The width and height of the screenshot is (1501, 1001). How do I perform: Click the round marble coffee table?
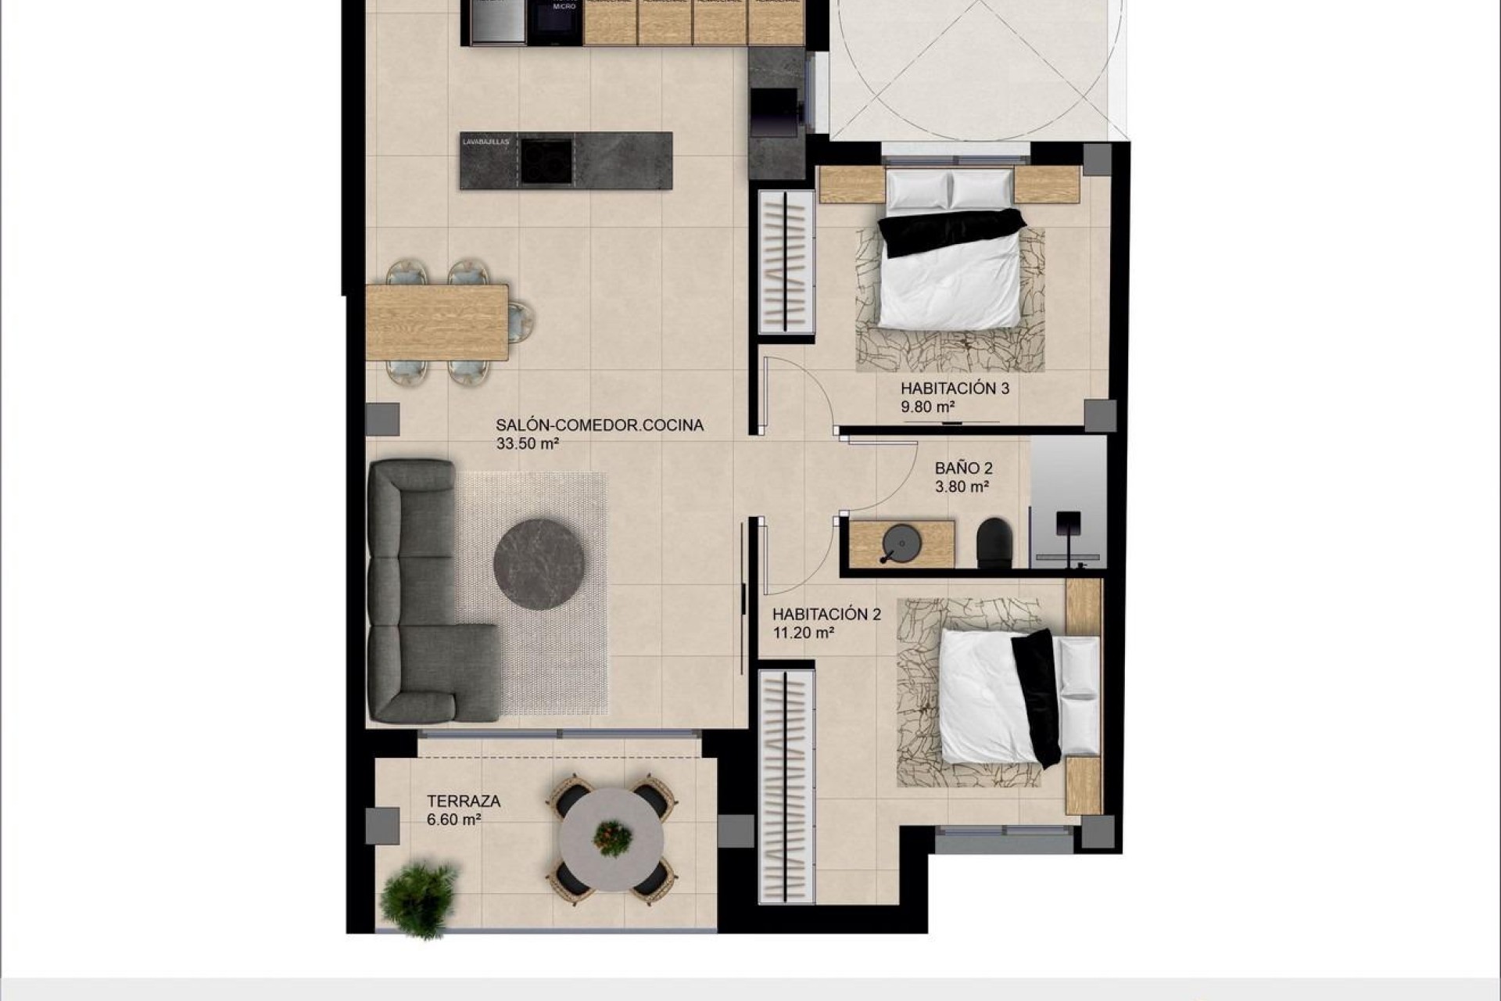pos(539,564)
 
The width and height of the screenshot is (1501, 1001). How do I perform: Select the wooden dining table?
pos(436,322)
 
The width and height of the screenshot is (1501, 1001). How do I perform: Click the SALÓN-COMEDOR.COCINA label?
pos(599,425)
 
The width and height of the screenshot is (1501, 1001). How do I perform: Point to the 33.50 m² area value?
pos(527,444)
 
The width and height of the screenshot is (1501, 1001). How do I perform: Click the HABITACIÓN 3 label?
pos(954,388)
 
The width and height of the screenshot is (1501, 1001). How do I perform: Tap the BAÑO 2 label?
pos(963,468)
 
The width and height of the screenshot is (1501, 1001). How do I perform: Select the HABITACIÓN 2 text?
pos(826,615)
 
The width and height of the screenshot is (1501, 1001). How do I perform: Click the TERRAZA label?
pos(463,802)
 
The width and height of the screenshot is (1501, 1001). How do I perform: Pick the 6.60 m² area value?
pos(453,820)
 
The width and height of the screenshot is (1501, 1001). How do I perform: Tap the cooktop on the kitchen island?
pos(545,160)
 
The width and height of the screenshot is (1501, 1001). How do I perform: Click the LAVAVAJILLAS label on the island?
pos(485,142)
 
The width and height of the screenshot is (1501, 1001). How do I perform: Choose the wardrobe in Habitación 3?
pos(783,262)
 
